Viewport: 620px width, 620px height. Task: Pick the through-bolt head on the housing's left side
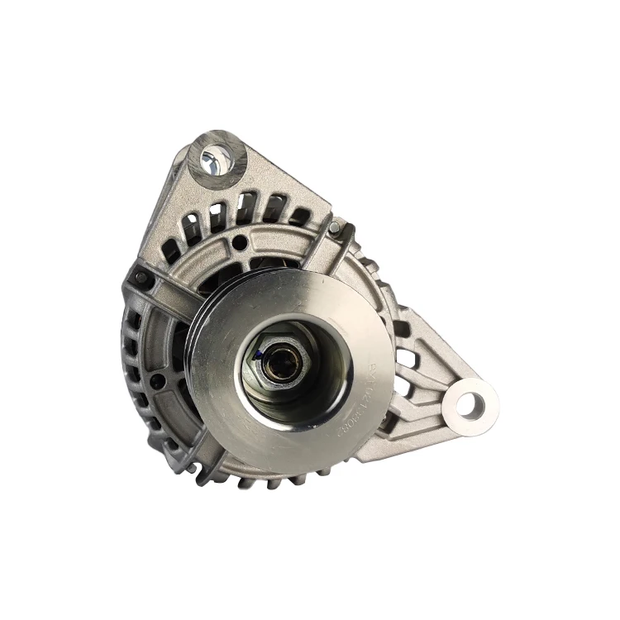click(141, 277)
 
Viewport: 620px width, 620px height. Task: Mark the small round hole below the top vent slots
click(239, 242)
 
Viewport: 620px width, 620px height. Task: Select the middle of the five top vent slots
click(245, 207)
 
